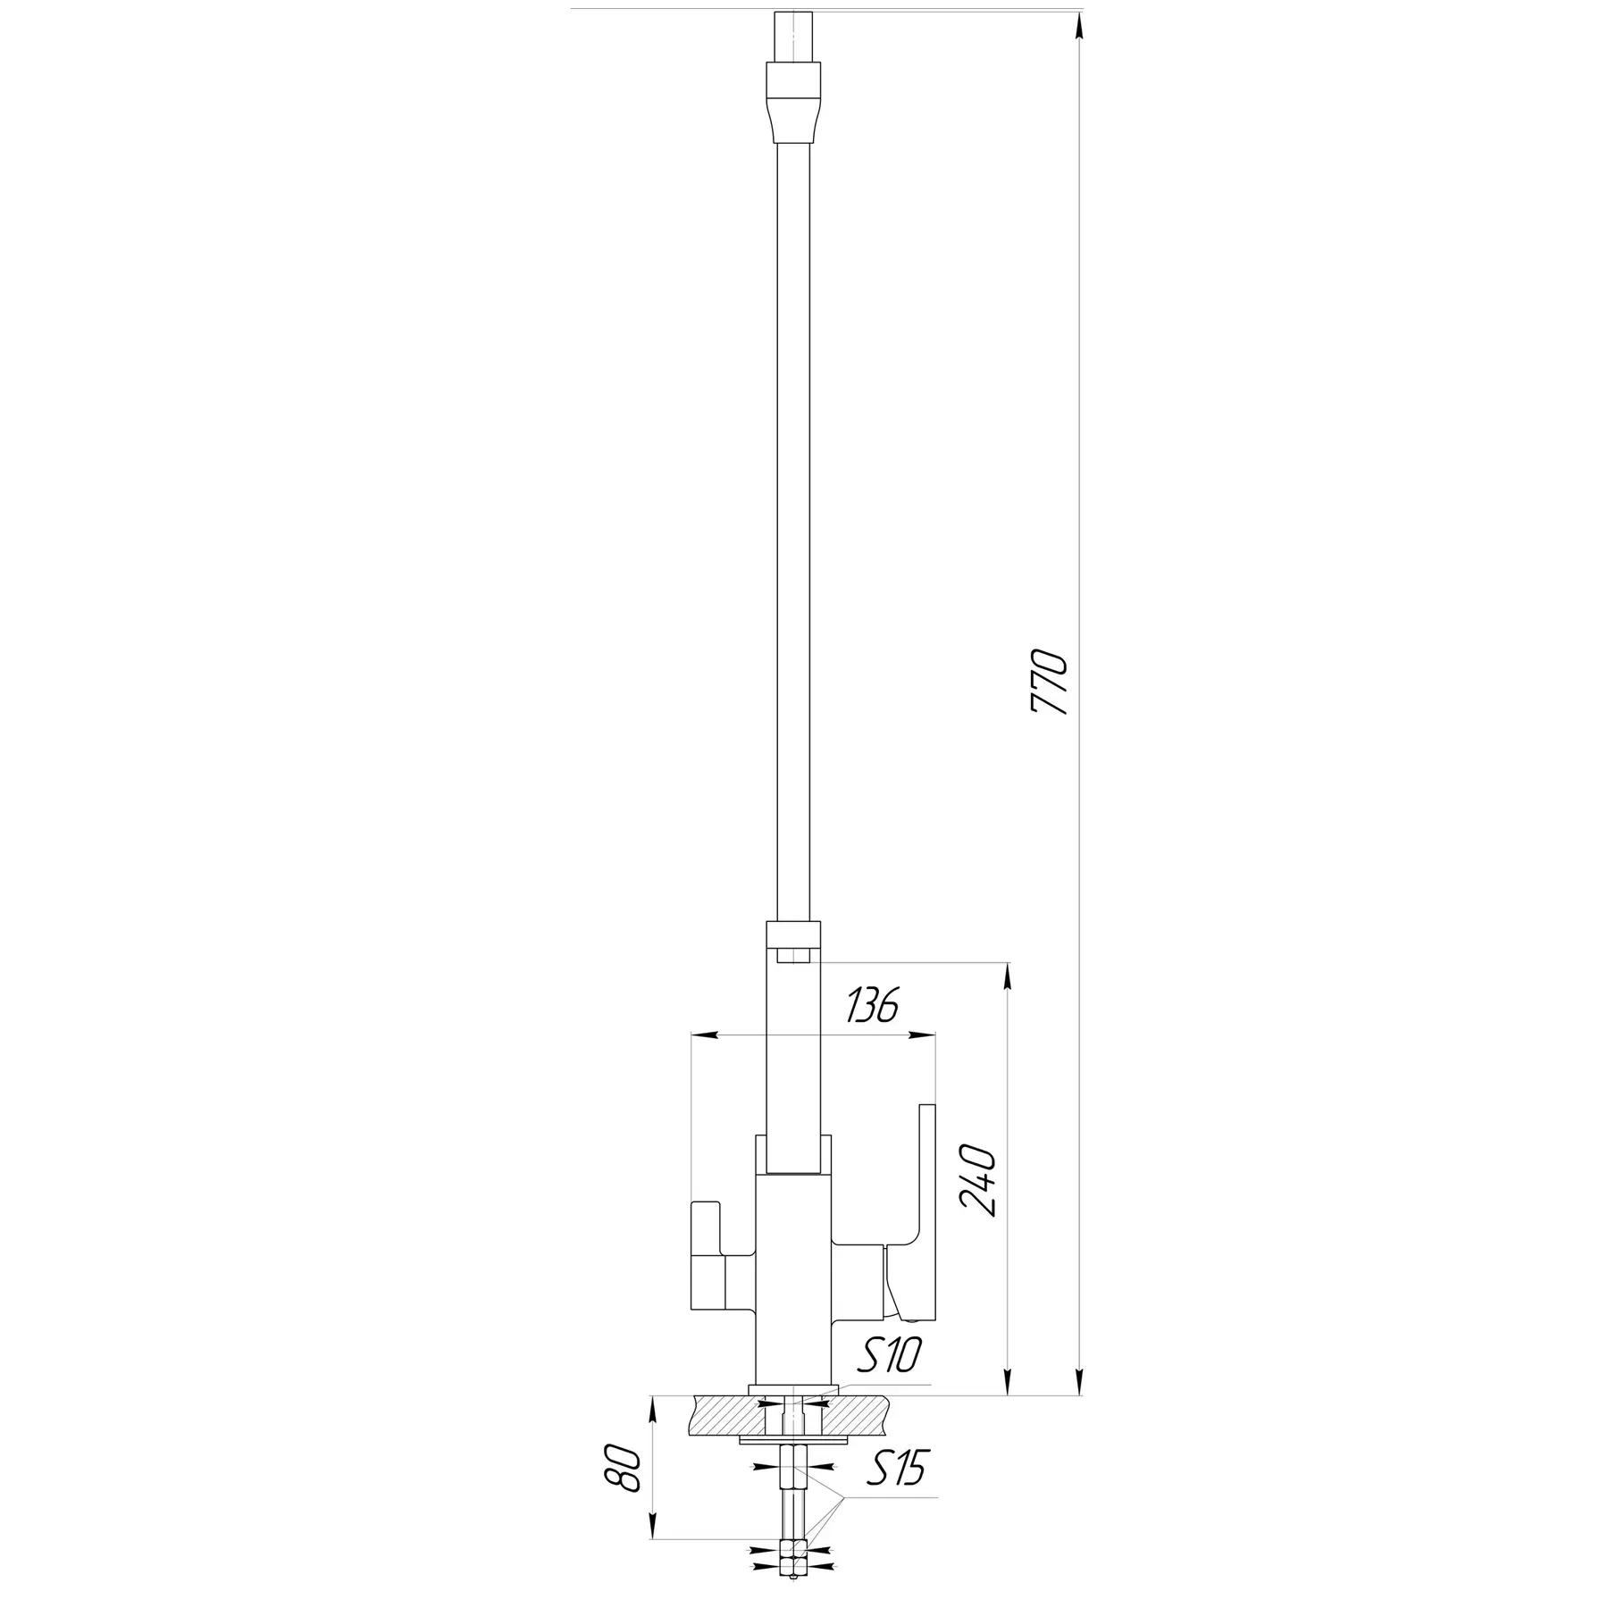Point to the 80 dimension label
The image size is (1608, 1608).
click(x=627, y=1470)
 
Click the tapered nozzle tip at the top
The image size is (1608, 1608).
click(x=793, y=99)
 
